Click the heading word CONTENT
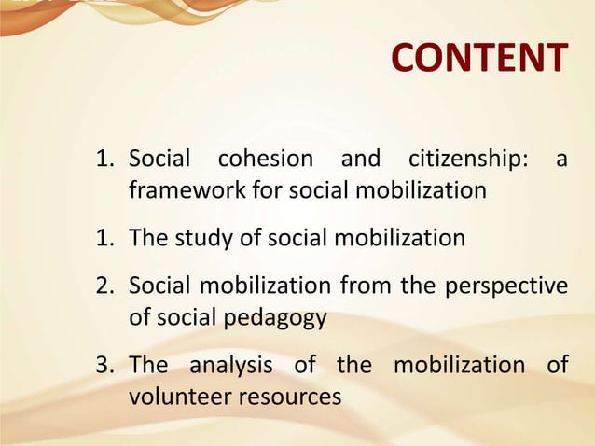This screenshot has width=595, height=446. [x=478, y=58]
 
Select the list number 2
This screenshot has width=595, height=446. [x=104, y=286]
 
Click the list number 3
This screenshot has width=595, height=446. [x=104, y=364]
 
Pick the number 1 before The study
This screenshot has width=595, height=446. [x=104, y=238]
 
